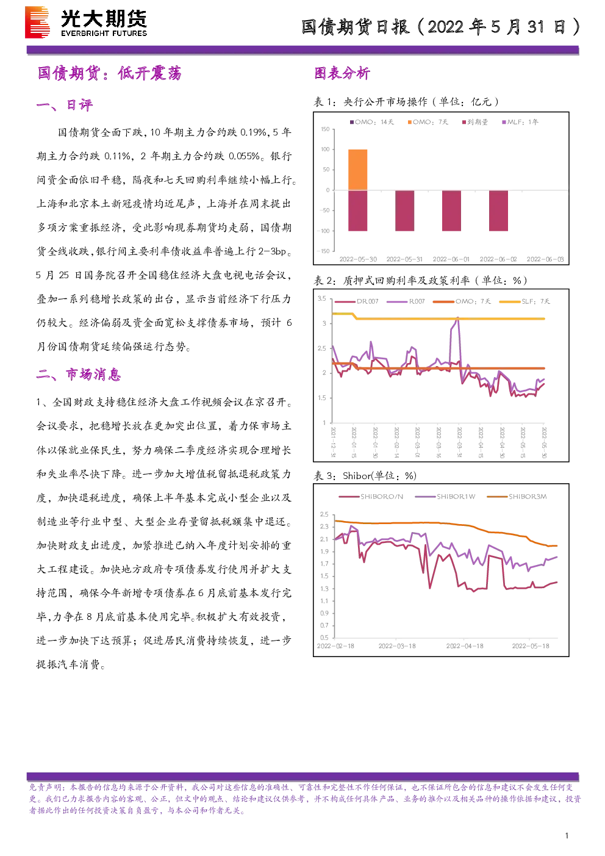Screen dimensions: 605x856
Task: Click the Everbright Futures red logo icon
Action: [37, 23]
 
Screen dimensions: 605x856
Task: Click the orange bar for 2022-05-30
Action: [358, 170]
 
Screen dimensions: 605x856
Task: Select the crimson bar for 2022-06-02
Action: [498, 210]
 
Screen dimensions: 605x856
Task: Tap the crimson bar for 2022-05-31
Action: [405, 210]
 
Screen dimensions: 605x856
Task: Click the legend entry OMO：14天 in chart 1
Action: [371, 122]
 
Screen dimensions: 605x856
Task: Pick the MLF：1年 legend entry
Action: [520, 122]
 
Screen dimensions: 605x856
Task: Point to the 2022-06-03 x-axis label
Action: [545, 259]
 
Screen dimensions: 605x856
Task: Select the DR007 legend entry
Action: [356, 301]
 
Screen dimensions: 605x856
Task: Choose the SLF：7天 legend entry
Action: [524, 301]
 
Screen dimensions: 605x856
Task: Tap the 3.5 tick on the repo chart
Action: [322, 298]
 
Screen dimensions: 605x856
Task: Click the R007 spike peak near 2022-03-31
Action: [458, 317]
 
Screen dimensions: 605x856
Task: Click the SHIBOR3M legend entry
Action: [517, 497]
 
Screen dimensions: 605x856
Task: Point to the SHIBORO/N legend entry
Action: [371, 497]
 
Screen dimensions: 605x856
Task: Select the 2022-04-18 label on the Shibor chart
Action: [465, 646]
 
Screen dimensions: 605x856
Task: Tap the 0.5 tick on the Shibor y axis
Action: [324, 638]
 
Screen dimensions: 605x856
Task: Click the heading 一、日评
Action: [65, 105]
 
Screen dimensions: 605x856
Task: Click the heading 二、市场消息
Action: [79, 375]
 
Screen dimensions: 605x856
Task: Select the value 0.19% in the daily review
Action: [254, 132]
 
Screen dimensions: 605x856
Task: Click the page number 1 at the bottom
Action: [567, 836]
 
